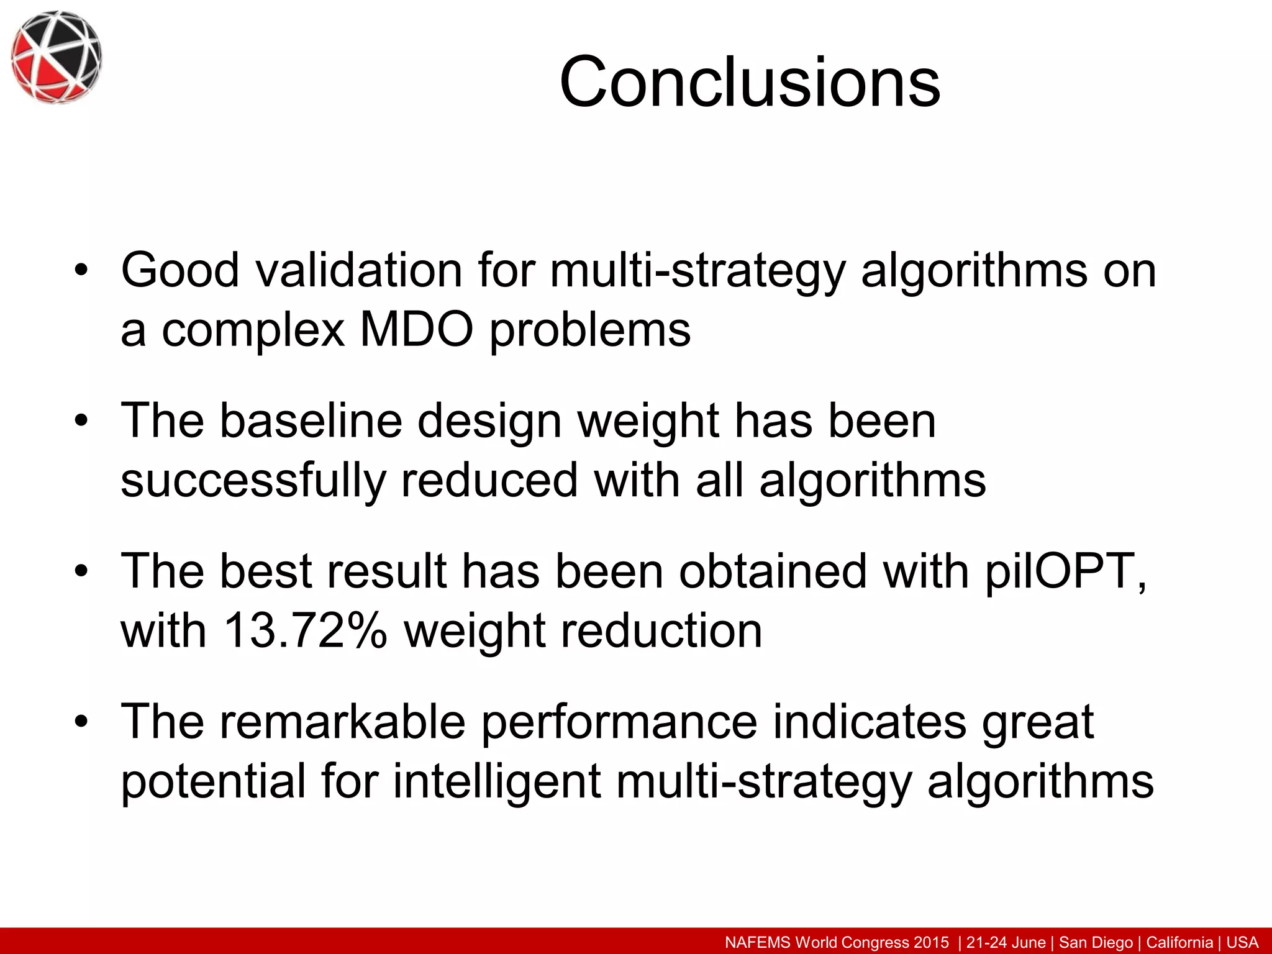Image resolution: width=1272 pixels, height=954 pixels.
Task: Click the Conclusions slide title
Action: point(750,82)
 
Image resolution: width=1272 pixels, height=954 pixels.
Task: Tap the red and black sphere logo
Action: point(56,57)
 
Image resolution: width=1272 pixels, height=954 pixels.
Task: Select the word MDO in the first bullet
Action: point(416,329)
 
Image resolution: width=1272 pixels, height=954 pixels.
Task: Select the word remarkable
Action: point(342,722)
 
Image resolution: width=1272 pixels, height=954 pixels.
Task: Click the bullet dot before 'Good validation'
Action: point(81,271)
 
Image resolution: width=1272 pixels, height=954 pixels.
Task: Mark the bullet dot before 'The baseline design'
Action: point(81,422)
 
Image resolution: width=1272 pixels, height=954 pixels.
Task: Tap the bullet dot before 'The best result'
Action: point(81,572)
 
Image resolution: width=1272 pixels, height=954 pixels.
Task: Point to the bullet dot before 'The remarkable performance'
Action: point(81,722)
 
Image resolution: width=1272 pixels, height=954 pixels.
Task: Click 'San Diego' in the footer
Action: point(1096,942)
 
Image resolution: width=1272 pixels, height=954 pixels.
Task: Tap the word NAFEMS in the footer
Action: point(758,942)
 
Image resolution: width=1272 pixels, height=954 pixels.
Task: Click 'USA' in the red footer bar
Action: point(1242,942)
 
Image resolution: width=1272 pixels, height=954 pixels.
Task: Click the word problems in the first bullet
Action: point(590,329)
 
